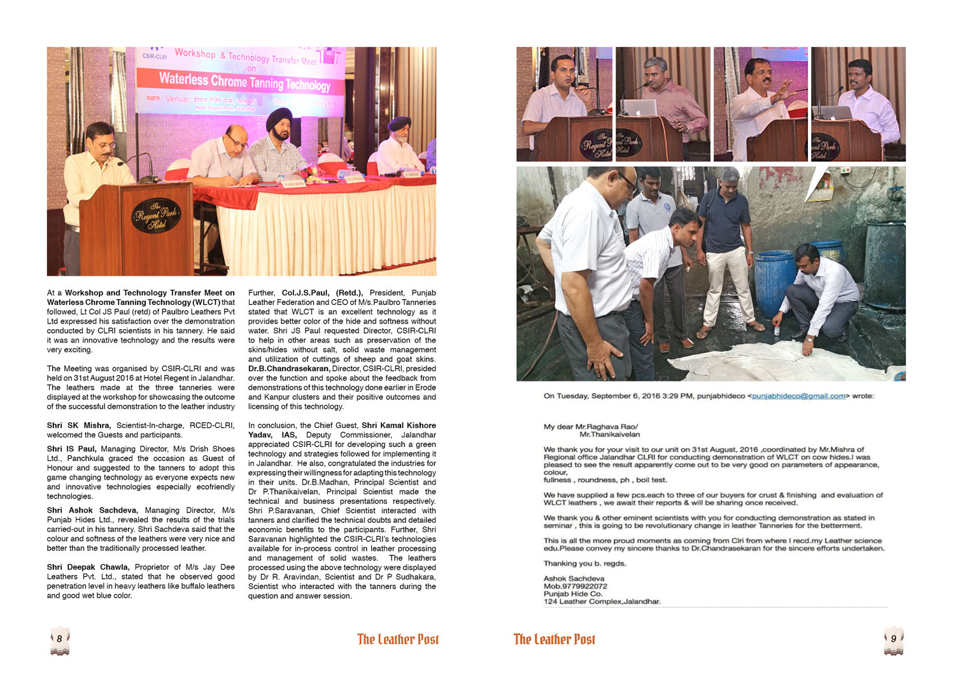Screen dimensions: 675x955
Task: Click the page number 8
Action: click(x=59, y=639)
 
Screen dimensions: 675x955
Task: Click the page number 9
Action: click(x=893, y=639)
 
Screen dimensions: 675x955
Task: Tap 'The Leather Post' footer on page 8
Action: click(x=398, y=639)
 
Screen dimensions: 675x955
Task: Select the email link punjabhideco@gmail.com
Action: click(x=798, y=396)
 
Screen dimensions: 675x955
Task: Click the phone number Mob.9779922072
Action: click(x=575, y=586)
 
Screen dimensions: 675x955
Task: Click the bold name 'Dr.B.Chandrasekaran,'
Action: click(x=288, y=369)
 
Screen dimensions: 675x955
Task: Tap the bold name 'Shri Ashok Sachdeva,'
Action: click(x=92, y=511)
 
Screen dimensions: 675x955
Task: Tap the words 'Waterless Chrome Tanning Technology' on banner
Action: click(x=244, y=82)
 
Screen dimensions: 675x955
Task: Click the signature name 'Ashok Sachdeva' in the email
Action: click(x=574, y=579)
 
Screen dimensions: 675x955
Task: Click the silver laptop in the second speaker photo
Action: click(x=639, y=107)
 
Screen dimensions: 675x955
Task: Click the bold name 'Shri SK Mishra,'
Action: click(x=78, y=425)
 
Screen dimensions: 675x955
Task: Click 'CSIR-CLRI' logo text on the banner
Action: click(x=155, y=56)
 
